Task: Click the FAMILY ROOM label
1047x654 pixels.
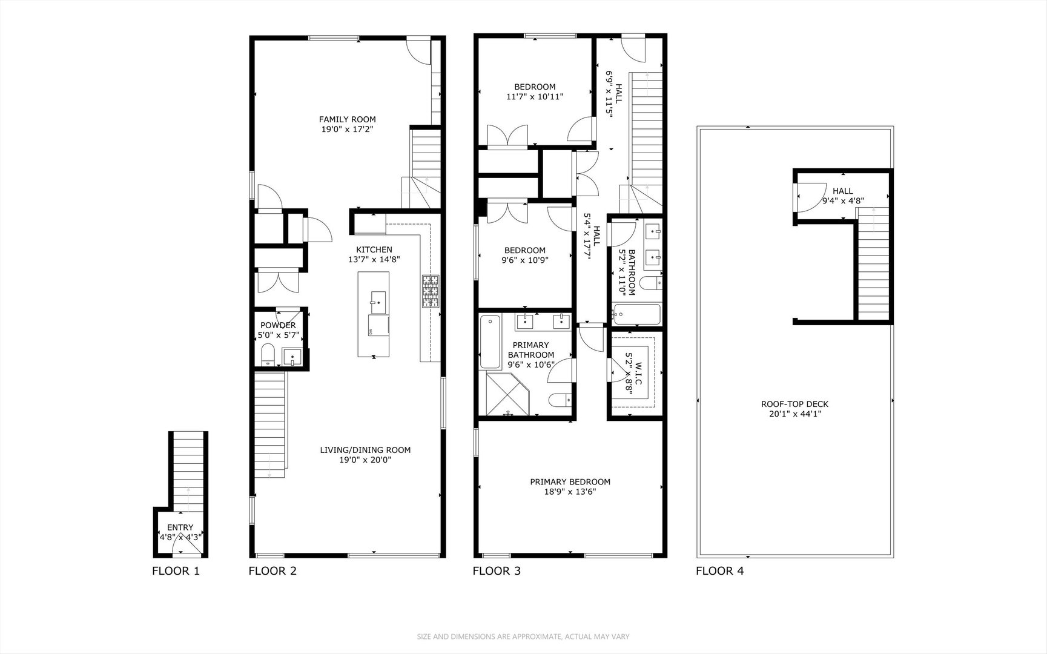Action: pyautogui.click(x=347, y=119)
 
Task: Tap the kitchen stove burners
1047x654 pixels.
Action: pyautogui.click(x=431, y=291)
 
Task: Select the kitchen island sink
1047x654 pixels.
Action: pyautogui.click(x=377, y=300)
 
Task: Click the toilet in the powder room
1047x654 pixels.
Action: pyautogui.click(x=268, y=354)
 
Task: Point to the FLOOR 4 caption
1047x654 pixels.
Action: pyautogui.click(x=719, y=571)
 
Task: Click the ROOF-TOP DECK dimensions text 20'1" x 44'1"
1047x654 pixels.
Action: pyautogui.click(x=794, y=415)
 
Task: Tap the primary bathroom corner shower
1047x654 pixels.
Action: pyautogui.click(x=507, y=394)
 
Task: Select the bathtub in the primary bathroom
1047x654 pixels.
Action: pyautogui.click(x=489, y=342)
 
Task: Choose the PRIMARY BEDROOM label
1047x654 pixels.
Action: pyautogui.click(x=570, y=482)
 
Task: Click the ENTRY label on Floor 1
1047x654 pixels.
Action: pyautogui.click(x=180, y=527)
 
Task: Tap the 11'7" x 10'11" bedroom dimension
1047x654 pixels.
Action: pyautogui.click(x=535, y=96)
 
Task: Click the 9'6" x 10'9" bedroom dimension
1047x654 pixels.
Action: pyautogui.click(x=524, y=260)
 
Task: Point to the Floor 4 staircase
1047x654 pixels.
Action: pyautogui.click(x=873, y=266)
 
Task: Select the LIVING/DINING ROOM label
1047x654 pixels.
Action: pyautogui.click(x=365, y=450)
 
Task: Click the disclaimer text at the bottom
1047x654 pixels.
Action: pyautogui.click(x=523, y=636)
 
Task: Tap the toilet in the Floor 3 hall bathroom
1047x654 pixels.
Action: pyautogui.click(x=652, y=282)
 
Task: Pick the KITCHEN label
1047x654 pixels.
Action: pyautogui.click(x=374, y=249)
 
